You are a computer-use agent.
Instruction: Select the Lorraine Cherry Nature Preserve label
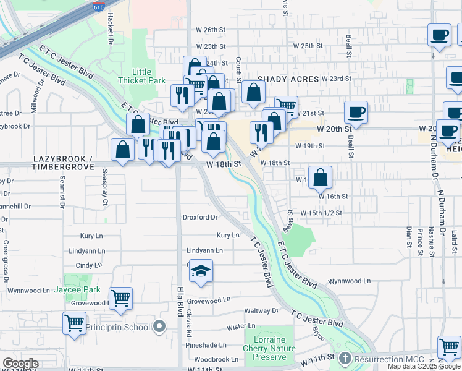pyautogui.click(x=269, y=348)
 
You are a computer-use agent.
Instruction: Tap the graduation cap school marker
pyautogui.click(x=200, y=272)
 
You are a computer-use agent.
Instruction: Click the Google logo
pyautogui.click(x=20, y=364)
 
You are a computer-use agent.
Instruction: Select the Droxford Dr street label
pyautogui.click(x=200, y=217)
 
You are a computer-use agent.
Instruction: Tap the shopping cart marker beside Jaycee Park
pyautogui.click(x=121, y=299)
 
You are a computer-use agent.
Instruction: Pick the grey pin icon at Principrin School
pyautogui.click(x=160, y=326)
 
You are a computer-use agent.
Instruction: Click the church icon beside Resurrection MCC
pyautogui.click(x=345, y=359)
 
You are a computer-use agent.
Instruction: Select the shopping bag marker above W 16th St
pyautogui.click(x=320, y=178)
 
